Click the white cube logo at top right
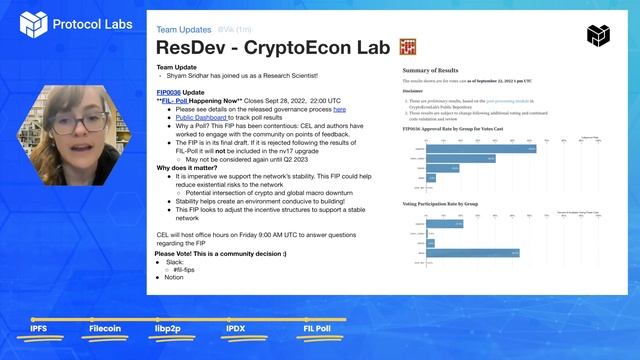[597, 36]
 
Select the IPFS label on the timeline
[38, 328]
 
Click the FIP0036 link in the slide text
[171, 91]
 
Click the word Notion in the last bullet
[175, 277]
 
